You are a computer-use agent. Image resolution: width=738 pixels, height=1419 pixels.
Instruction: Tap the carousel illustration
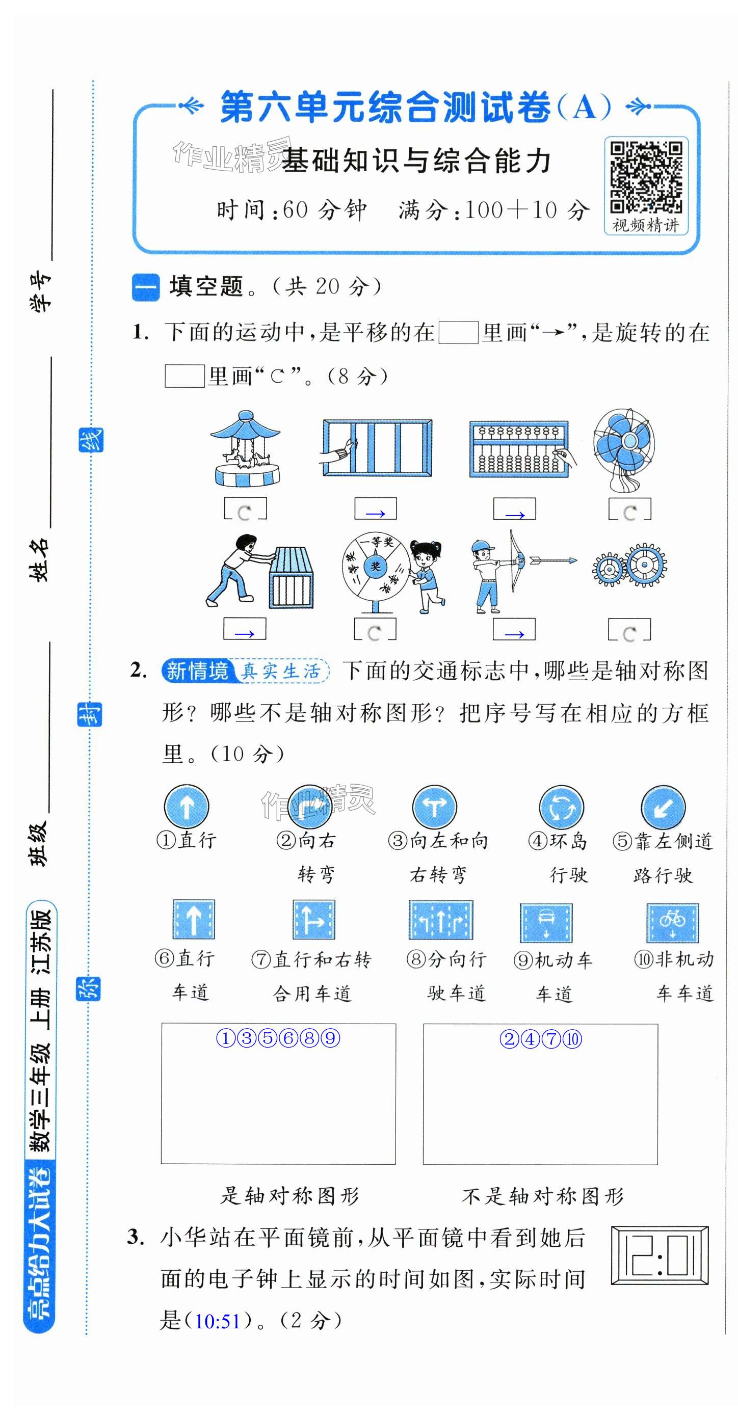coord(245,448)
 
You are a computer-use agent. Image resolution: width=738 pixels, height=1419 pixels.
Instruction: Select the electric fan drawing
coord(624,449)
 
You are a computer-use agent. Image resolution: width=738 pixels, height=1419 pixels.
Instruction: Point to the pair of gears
coord(629,566)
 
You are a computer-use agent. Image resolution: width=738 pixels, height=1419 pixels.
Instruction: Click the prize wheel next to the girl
coord(375,572)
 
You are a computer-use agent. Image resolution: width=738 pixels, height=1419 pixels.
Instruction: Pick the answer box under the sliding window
coord(375,508)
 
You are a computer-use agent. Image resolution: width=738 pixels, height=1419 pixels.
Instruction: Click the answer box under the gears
coord(629,629)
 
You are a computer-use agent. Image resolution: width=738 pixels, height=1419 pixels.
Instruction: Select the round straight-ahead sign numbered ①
coord(187,807)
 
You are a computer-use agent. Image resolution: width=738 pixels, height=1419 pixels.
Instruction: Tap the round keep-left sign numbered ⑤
coord(663,808)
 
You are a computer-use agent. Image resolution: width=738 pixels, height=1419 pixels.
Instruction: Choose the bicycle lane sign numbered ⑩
coord(672,923)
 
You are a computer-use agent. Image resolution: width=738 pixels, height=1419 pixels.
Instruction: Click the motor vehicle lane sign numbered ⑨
coord(546,923)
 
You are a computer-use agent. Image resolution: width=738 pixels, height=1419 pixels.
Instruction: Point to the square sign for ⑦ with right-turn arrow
coord(314,919)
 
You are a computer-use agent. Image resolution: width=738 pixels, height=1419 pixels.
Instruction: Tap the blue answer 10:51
coord(218,1322)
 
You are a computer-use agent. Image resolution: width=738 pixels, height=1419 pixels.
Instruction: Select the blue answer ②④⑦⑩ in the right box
coord(541,1039)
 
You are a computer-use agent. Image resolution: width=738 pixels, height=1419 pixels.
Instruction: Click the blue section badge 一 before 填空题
coord(145,287)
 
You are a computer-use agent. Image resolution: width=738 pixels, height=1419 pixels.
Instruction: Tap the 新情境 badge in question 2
coord(197,671)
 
